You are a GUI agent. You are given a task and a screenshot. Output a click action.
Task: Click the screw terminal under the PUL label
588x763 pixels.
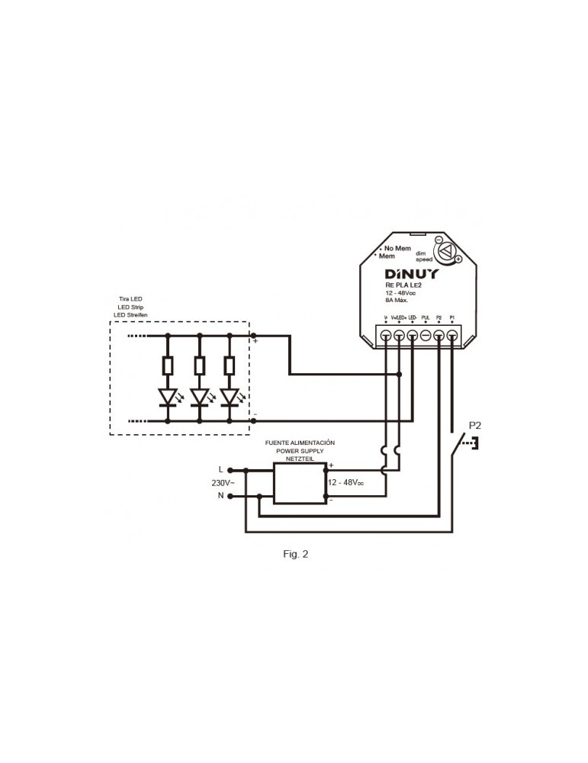click(426, 336)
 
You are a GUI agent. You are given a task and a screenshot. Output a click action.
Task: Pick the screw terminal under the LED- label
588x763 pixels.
click(413, 336)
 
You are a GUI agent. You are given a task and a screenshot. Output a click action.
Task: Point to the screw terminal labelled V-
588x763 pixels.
click(386, 336)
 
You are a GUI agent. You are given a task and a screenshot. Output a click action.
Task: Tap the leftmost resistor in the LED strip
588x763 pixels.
click(168, 365)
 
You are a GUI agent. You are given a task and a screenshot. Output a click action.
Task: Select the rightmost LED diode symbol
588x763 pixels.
click(230, 397)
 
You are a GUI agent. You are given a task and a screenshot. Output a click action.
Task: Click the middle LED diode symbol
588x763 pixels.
click(199, 397)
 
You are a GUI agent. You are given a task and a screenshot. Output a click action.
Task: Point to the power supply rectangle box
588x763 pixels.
click(300, 483)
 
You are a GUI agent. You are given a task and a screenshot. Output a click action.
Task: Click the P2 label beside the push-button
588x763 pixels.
click(474, 425)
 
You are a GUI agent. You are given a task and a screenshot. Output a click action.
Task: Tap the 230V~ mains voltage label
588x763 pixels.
click(223, 483)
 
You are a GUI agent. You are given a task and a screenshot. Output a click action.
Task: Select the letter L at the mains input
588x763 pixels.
click(221, 469)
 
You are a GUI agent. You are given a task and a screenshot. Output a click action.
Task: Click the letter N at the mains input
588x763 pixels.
click(221, 496)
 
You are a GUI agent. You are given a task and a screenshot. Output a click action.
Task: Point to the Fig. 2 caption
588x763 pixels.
click(295, 554)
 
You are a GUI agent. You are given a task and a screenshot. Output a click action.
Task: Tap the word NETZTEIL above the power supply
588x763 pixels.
click(299, 459)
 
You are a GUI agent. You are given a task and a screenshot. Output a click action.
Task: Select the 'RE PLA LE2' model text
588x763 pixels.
click(403, 286)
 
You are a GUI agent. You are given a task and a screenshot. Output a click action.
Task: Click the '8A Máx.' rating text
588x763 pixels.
click(398, 301)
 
